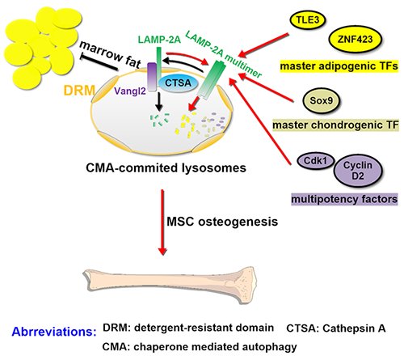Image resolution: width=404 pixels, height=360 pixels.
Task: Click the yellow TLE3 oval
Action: pyautogui.click(x=308, y=20)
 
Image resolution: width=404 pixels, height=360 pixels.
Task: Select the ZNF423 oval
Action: pyautogui.click(x=355, y=40)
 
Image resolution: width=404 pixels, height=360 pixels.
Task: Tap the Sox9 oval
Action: pyautogui.click(x=322, y=101)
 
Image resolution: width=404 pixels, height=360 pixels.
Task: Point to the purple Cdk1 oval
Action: pyautogui.click(x=315, y=161)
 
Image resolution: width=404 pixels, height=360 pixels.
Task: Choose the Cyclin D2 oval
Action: pyautogui.click(x=358, y=171)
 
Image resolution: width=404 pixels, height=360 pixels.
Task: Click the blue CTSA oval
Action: pyautogui.click(x=178, y=83)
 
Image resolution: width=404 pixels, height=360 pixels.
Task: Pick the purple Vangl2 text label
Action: pyautogui.click(x=130, y=91)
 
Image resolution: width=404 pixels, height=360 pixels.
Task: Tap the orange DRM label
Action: pyautogui.click(x=79, y=91)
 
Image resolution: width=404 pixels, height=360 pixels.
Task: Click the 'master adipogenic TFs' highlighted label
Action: pyautogui.click(x=339, y=66)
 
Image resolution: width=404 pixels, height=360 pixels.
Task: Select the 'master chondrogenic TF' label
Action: pyautogui.click(x=335, y=125)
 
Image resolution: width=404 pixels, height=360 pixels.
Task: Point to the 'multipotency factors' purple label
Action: pyautogui.click(x=344, y=199)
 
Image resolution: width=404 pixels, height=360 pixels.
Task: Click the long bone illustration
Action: pyautogui.click(x=170, y=286)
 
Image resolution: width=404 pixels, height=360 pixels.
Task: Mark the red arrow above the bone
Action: pyautogui.click(x=162, y=222)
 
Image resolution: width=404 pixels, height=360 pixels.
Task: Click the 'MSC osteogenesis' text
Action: pyautogui.click(x=222, y=222)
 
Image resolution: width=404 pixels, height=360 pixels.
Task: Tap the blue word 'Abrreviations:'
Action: pyautogui.click(x=54, y=332)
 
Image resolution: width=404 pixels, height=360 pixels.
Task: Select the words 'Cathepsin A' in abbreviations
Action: pyautogui.click(x=354, y=328)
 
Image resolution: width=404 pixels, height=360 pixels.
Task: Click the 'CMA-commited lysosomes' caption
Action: pyautogui.click(x=166, y=167)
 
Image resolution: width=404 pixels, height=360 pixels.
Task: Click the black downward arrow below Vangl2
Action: pyautogui.click(x=159, y=102)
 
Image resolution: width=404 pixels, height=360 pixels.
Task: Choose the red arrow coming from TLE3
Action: pyautogui.click(x=263, y=45)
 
